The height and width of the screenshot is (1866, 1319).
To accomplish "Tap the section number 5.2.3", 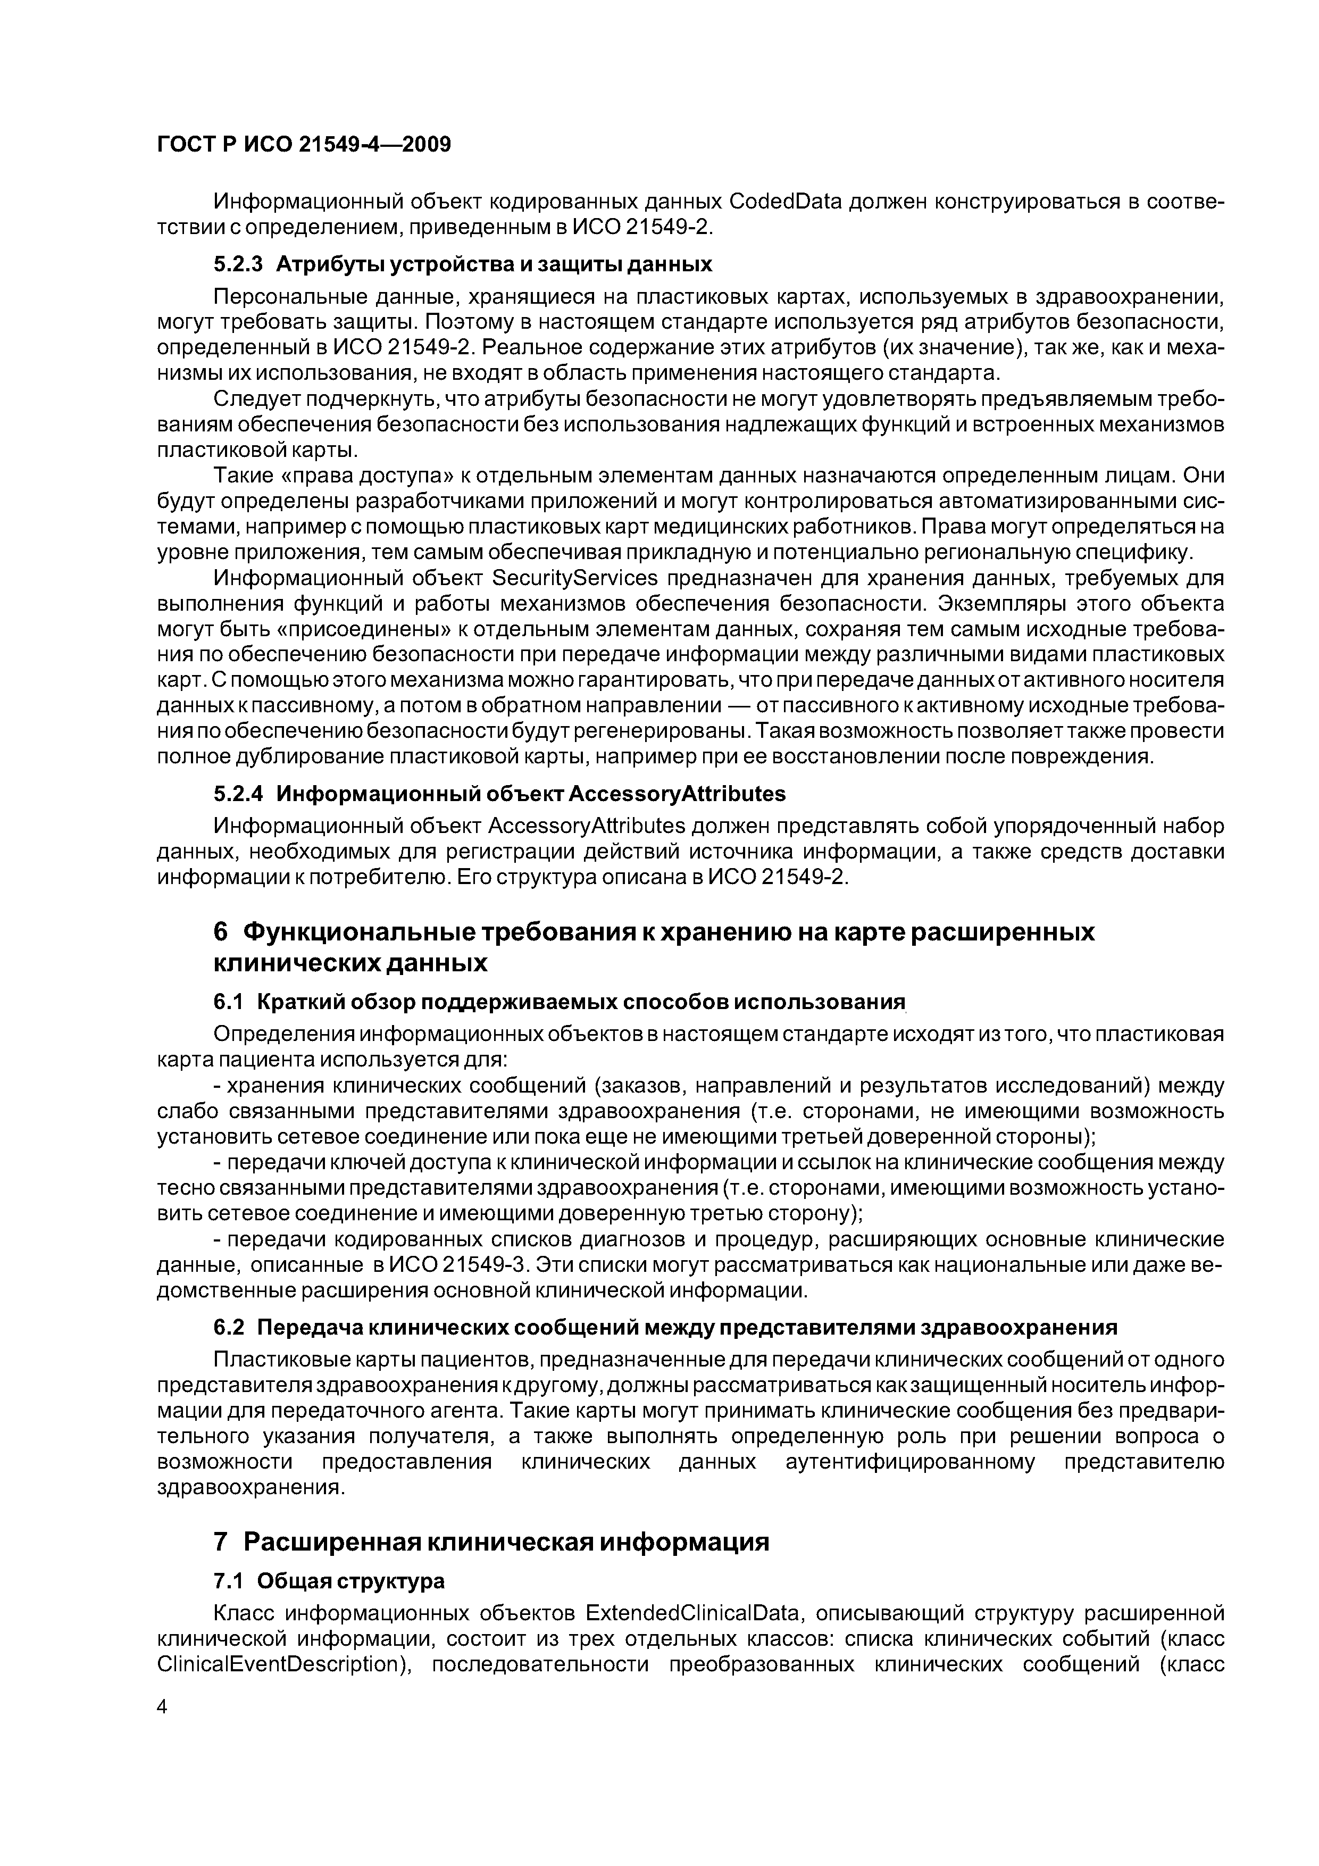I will pos(238,264).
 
